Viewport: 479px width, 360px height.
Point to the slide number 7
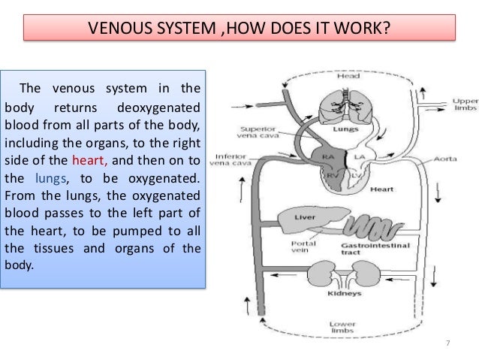(447, 343)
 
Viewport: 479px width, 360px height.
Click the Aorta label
(444, 160)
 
